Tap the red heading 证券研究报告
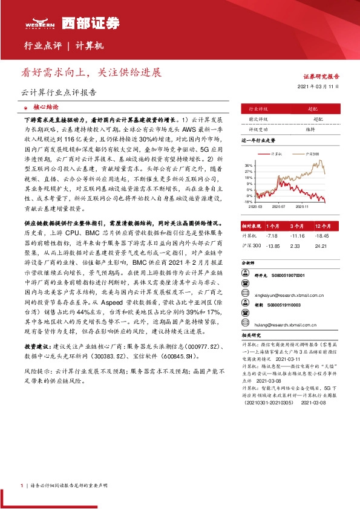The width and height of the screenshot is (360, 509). [x=321, y=77]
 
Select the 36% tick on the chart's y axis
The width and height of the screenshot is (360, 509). [x=249, y=164]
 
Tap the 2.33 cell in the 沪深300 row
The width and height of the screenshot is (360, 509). [x=296, y=245]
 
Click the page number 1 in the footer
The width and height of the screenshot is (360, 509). [x=22, y=485]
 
